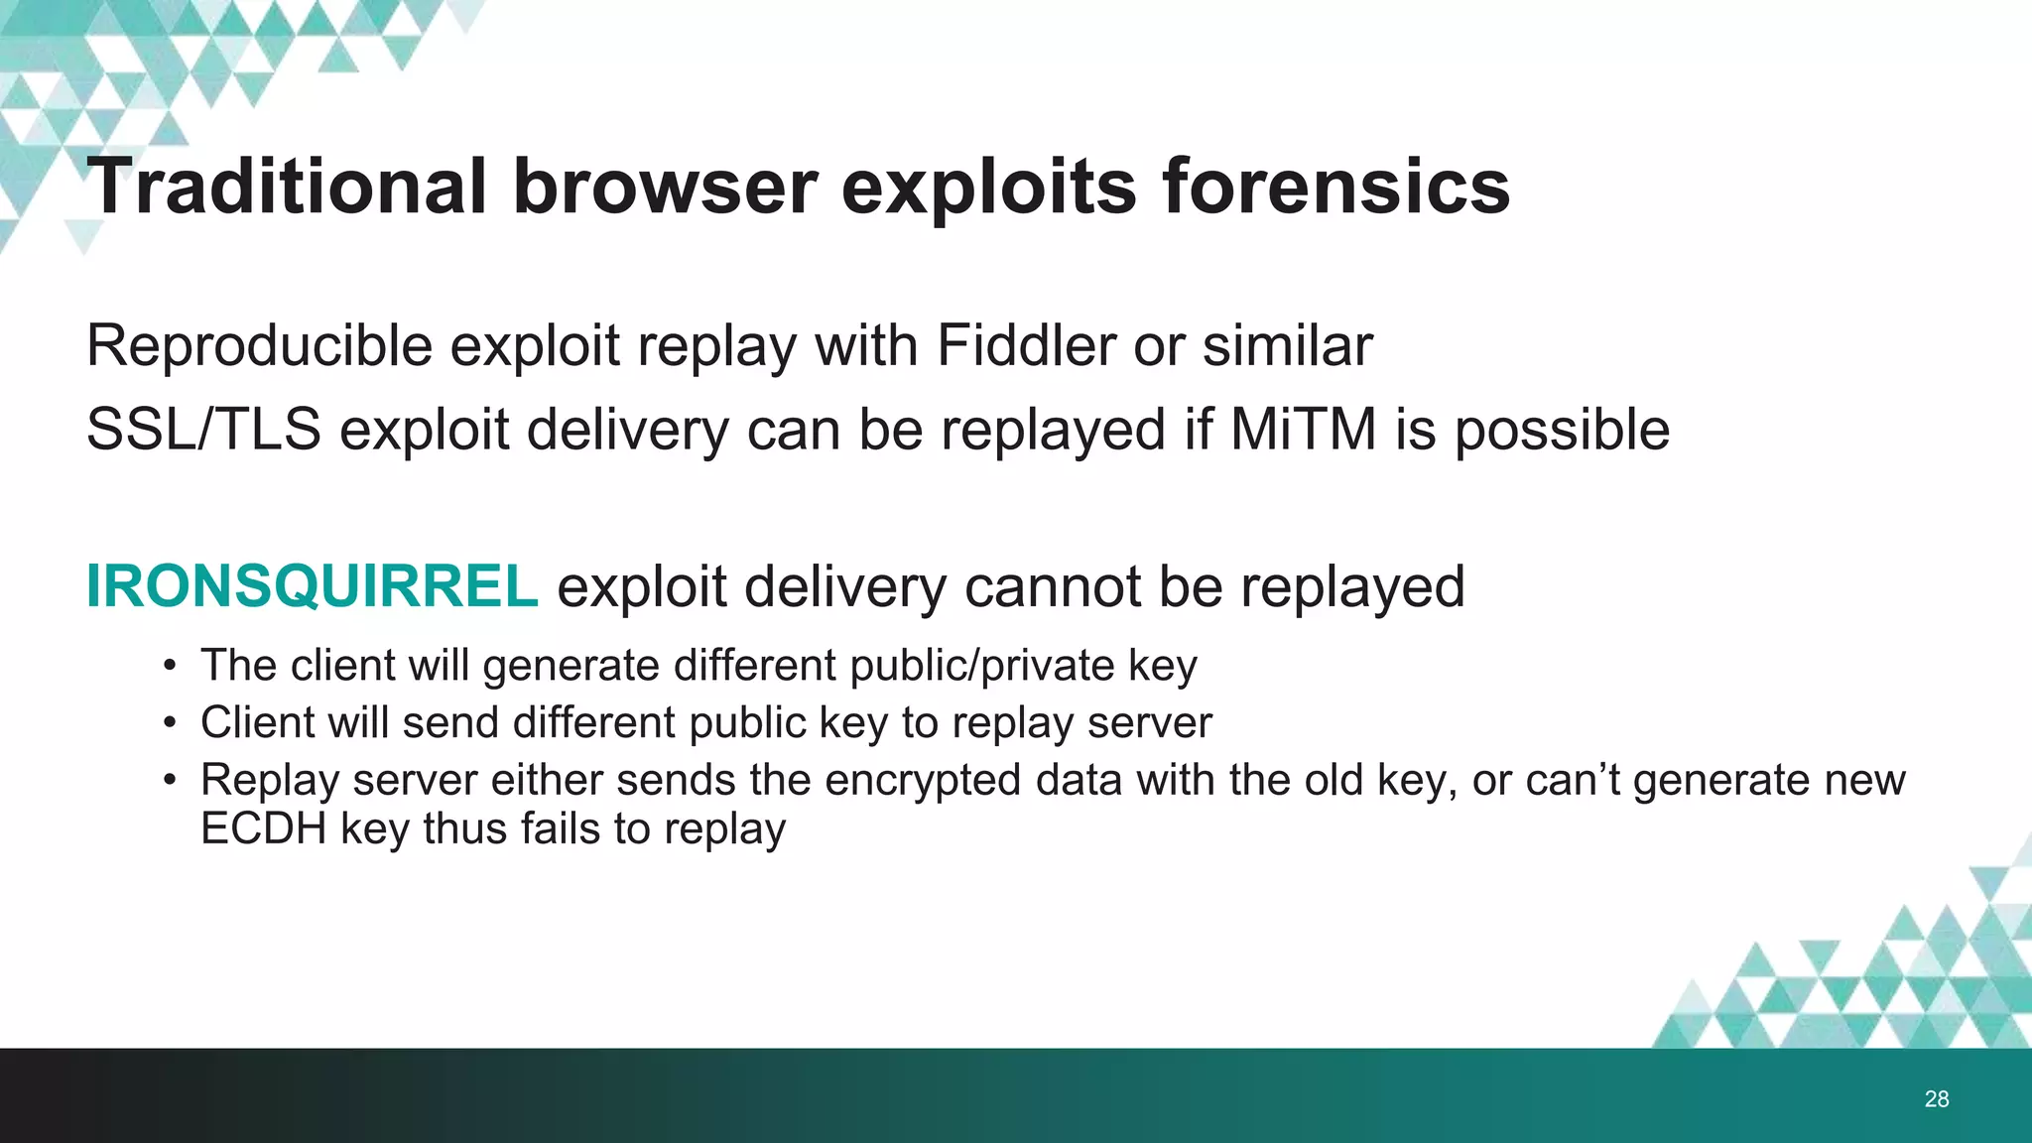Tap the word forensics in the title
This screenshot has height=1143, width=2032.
[1335, 187]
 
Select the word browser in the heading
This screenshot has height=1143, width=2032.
[665, 187]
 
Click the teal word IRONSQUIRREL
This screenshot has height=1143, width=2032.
[313, 586]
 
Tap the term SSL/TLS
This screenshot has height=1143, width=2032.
[203, 430]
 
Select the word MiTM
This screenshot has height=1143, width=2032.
[1304, 430]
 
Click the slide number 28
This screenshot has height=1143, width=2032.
[1936, 1098]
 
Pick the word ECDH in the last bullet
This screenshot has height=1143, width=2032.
[263, 828]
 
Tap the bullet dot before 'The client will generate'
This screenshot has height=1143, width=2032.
[171, 666]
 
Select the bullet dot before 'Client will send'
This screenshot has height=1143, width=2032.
[171, 723]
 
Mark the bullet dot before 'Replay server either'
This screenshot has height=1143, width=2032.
[171, 781]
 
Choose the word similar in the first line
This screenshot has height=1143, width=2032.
[1288, 346]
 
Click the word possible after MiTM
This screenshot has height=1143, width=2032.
[1562, 430]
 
